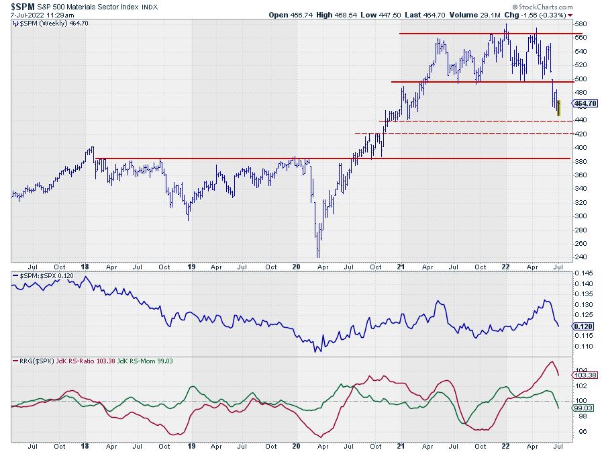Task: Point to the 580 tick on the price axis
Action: point(581,24)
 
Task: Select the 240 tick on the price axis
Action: point(581,257)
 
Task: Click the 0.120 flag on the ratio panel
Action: point(583,326)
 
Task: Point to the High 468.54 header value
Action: point(342,14)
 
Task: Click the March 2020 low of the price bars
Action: point(317,255)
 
